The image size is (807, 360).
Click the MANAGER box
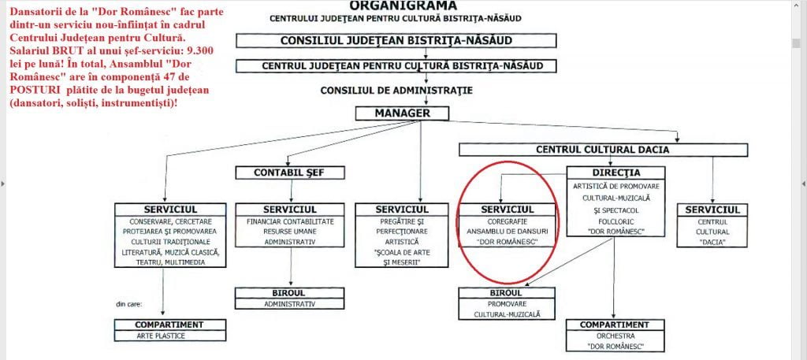[402, 113]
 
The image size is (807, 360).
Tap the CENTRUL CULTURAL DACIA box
[597, 150]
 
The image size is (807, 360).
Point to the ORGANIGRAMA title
[403, 5]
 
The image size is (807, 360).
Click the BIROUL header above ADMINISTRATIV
[290, 293]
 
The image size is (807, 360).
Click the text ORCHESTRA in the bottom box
[614, 336]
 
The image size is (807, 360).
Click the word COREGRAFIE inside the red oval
[508, 221]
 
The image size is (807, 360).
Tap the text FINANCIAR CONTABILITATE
[291, 221]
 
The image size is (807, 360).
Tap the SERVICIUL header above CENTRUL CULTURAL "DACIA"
[712, 210]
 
